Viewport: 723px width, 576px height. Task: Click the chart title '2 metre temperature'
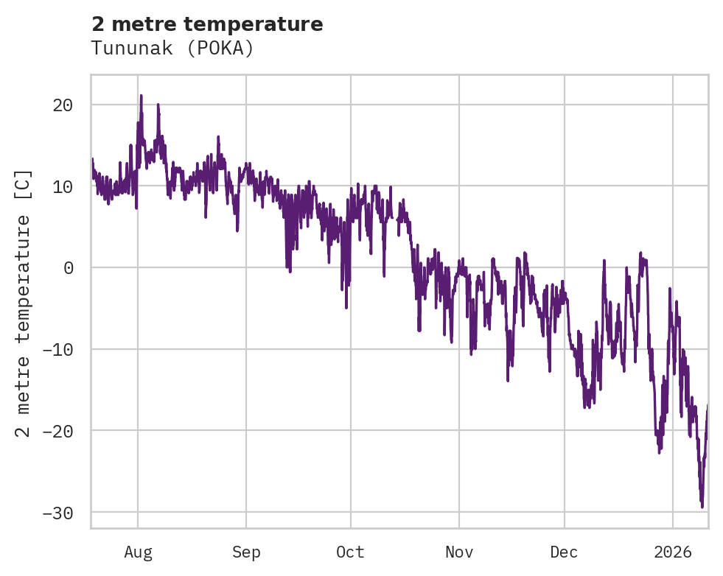207,24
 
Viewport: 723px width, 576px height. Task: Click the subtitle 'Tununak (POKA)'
172,49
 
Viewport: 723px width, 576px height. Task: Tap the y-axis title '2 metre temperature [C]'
24,303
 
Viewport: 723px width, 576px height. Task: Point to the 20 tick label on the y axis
63,105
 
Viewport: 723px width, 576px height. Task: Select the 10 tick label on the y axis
63,186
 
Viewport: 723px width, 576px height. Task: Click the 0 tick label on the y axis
69,268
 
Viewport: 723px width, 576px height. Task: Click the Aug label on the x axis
138,552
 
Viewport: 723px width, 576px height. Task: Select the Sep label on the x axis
246,552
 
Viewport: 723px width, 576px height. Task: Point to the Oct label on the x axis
350,552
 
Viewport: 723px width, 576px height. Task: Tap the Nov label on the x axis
459,552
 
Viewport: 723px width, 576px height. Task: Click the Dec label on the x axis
565,552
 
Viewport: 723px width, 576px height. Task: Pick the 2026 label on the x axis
673,552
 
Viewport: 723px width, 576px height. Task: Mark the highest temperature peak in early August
141,95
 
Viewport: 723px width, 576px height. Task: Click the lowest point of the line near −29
702,507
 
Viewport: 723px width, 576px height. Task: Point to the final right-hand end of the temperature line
708,406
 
